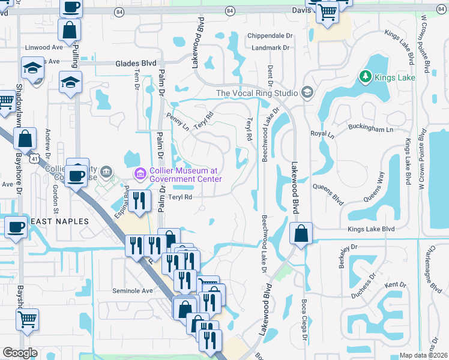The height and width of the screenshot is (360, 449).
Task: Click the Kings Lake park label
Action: [x=391, y=77]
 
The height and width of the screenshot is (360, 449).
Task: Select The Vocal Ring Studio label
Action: [x=256, y=93]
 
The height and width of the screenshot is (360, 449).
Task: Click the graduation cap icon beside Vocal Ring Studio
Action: [x=307, y=92]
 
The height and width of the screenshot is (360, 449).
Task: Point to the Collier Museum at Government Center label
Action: [x=185, y=175]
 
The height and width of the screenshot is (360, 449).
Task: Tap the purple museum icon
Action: [x=140, y=175]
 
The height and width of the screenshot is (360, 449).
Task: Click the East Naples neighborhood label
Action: [x=60, y=221]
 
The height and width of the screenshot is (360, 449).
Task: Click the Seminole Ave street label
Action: [x=133, y=291]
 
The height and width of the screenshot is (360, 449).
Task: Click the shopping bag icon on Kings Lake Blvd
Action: [x=301, y=234]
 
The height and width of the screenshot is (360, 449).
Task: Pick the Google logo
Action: [x=20, y=353]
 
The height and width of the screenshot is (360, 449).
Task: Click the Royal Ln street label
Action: [x=322, y=135]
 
